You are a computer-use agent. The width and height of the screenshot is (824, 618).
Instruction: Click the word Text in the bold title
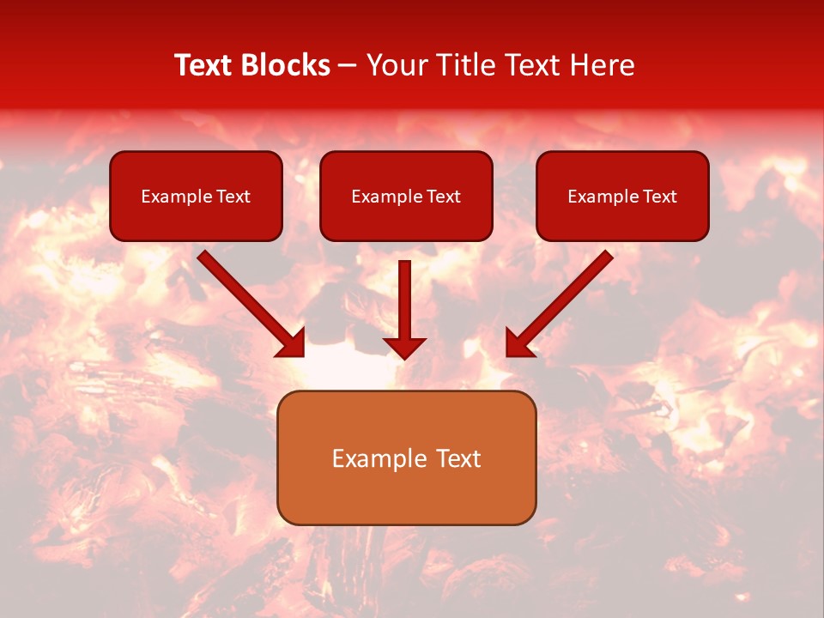click(x=203, y=65)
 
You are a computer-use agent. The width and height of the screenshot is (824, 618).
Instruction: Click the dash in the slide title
click(x=348, y=66)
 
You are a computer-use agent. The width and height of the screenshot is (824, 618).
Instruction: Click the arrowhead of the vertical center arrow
click(x=405, y=348)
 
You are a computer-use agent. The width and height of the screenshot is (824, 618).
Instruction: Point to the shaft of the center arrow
click(x=405, y=296)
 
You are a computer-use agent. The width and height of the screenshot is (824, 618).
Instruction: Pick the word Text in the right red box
click(x=660, y=197)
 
